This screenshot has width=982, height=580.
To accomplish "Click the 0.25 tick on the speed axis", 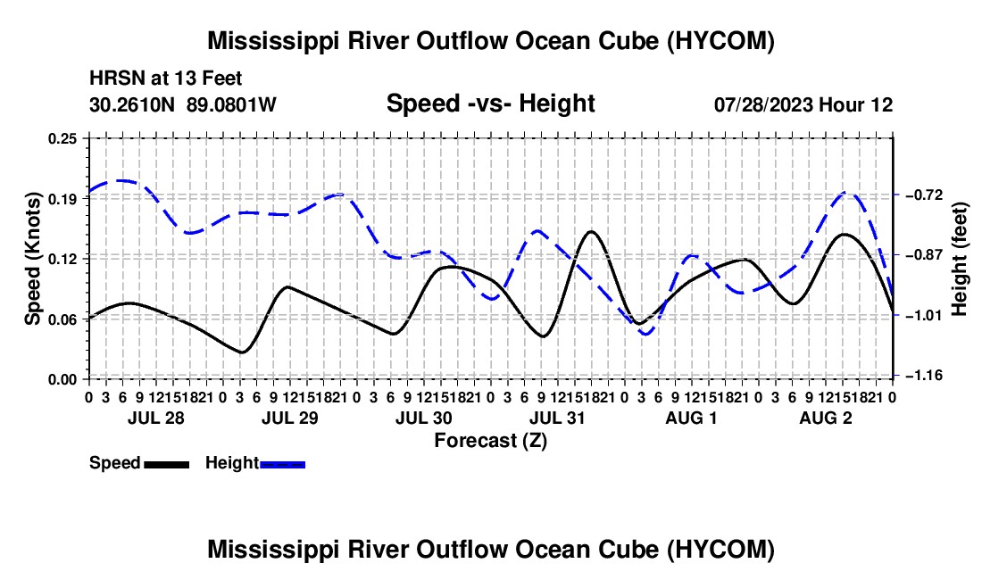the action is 62,138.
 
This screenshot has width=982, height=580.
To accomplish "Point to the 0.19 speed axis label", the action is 62,199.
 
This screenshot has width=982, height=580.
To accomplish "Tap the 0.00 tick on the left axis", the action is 62,379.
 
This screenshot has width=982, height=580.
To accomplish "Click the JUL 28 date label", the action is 156,418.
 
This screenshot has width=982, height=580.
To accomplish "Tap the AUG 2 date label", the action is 826,418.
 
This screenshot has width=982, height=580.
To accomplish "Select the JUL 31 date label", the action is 557,418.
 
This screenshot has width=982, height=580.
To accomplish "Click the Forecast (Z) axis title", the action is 490,441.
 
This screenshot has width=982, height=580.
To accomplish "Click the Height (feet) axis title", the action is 959,259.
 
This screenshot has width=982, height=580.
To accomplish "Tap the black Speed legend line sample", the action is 167,465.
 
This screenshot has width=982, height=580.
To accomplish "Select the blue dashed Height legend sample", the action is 282,465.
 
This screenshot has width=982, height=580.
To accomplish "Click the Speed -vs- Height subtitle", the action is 490,104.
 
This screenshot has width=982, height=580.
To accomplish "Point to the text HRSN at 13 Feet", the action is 165,79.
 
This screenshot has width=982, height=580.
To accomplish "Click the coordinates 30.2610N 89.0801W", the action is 183,104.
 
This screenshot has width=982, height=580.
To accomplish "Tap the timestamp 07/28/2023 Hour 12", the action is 803,104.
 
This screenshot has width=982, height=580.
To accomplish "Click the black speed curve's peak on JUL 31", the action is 591,231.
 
